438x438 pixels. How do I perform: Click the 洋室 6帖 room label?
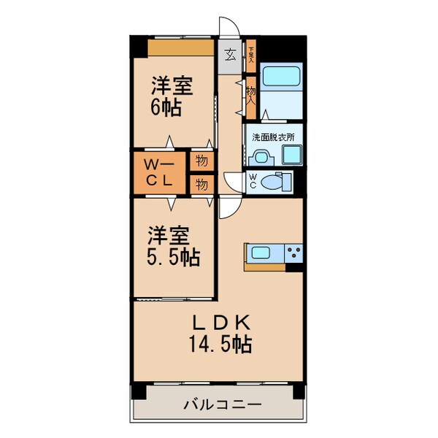(172, 96)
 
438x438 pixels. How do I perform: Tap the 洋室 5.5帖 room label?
(172, 247)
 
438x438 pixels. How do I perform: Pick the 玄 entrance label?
(230, 54)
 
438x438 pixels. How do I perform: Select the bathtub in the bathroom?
(281, 77)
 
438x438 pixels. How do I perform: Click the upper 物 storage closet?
(201, 159)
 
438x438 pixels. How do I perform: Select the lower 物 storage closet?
(201, 183)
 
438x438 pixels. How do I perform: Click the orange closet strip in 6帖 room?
(181, 47)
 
